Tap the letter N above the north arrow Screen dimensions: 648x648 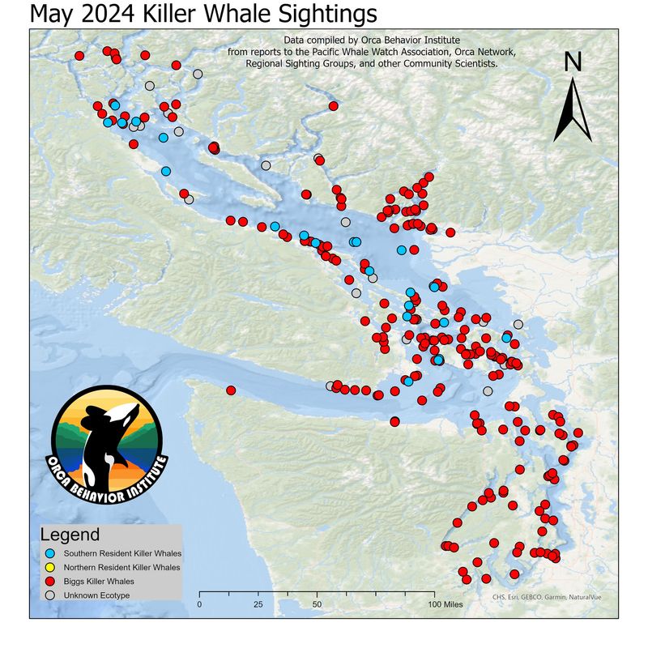pyautogui.click(x=573, y=62)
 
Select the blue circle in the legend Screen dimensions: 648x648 pyautogui.click(x=50, y=554)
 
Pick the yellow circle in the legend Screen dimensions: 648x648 pyautogui.click(x=50, y=568)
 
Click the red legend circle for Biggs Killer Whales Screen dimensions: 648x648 pyautogui.click(x=50, y=582)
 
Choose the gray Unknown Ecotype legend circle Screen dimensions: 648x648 pyautogui.click(x=50, y=595)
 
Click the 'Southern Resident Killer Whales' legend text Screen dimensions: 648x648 pyautogui.click(x=122, y=554)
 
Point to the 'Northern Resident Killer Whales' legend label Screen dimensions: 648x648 pyautogui.click(x=122, y=568)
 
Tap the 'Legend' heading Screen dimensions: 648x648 pyautogui.click(x=70, y=535)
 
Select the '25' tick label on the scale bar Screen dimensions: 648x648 pyautogui.click(x=258, y=604)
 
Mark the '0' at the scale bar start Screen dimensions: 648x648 pyautogui.click(x=200, y=604)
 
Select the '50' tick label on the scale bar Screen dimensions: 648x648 pyautogui.click(x=317, y=604)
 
